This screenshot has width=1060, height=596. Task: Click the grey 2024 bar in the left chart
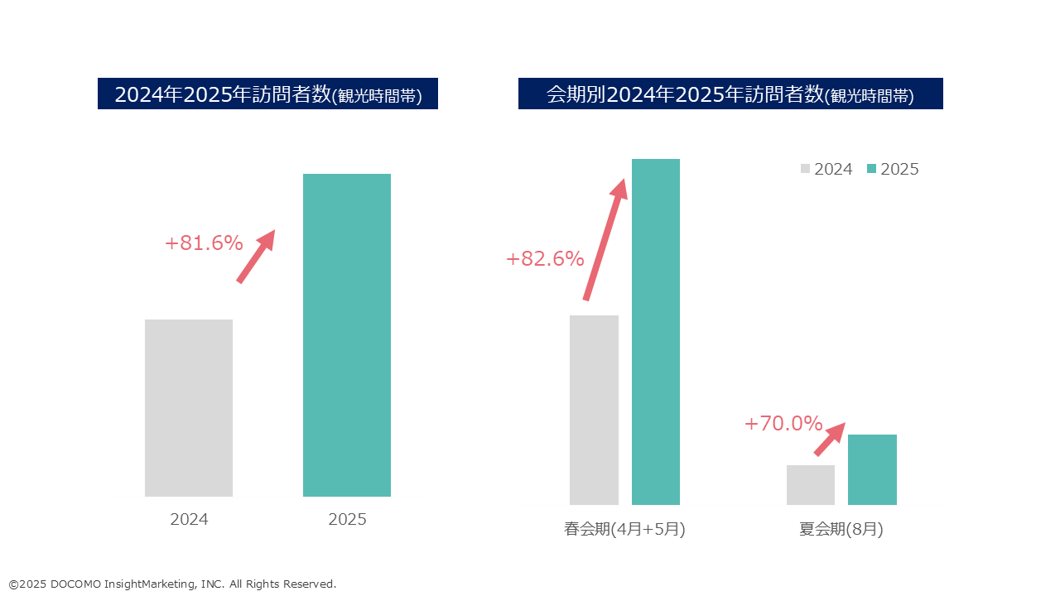[x=189, y=408]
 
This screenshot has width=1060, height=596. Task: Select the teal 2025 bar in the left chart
[x=347, y=335]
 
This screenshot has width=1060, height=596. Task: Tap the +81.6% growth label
[x=204, y=243]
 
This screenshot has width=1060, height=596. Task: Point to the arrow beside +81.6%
[x=255, y=257]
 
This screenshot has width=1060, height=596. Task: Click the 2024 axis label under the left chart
[x=189, y=520]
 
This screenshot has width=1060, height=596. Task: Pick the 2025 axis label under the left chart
[x=347, y=520]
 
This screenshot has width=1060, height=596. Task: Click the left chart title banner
[x=267, y=94]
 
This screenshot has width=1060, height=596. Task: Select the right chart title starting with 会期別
[x=730, y=94]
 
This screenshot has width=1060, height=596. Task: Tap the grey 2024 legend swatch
[x=806, y=169]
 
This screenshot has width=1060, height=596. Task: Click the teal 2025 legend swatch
[x=871, y=169]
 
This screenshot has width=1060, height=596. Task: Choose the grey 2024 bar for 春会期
[x=594, y=410]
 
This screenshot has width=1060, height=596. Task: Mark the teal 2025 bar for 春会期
[x=656, y=331]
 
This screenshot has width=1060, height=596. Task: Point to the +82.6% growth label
[x=545, y=259]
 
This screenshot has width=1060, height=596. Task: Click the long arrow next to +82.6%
[x=605, y=240]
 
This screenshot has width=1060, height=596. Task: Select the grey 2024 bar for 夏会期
[x=811, y=485]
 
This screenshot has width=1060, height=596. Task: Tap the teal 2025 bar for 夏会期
[x=872, y=469]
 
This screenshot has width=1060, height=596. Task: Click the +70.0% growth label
[x=783, y=424]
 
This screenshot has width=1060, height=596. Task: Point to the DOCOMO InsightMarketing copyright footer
[x=172, y=584]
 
